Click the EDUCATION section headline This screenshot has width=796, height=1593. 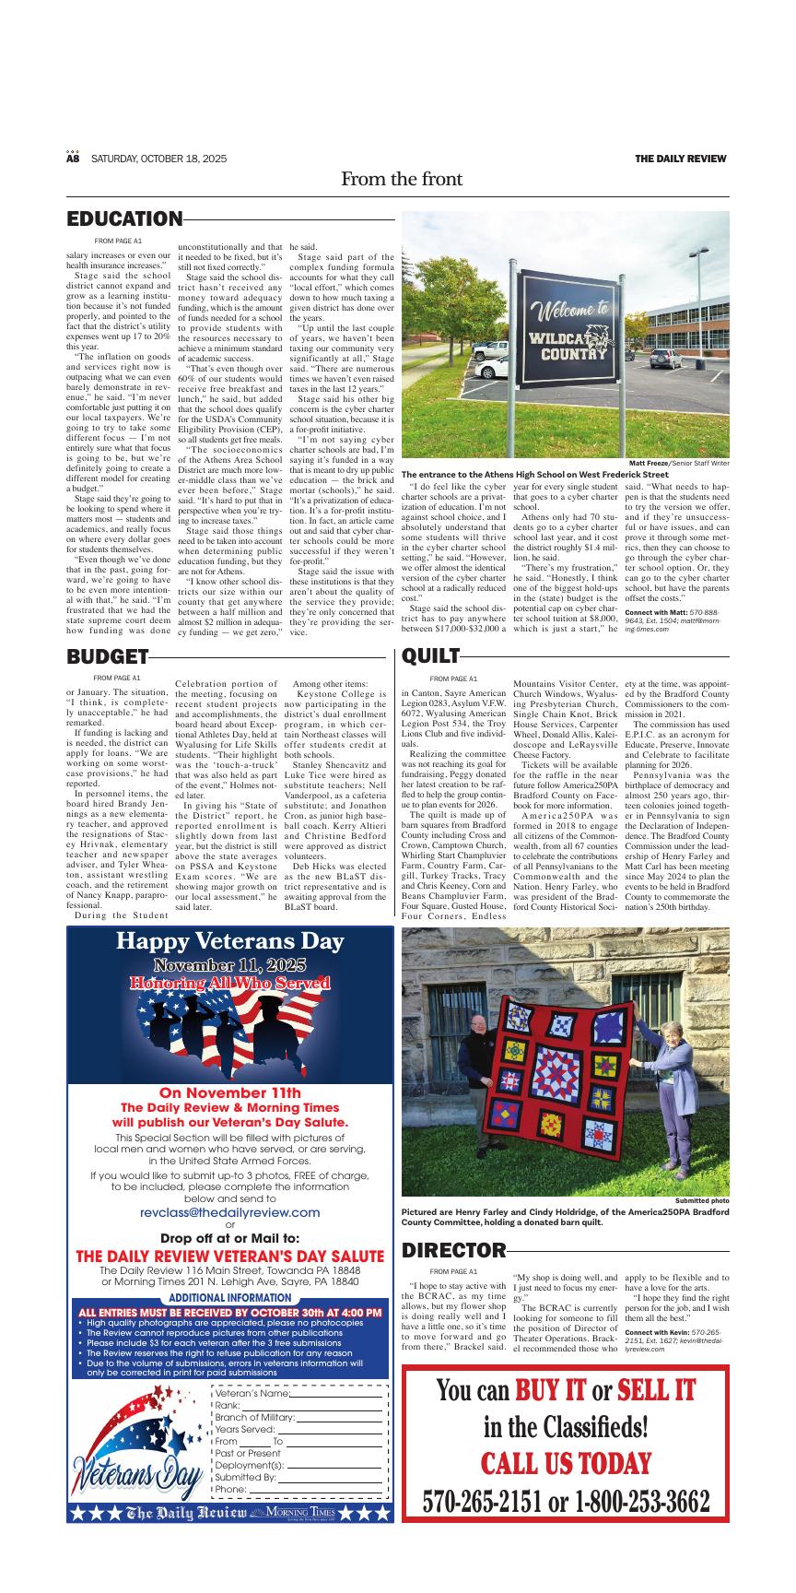click(124, 219)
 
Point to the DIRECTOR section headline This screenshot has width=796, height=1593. click(454, 1250)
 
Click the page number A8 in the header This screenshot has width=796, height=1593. click(74, 159)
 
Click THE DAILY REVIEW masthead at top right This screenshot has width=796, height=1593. click(680, 159)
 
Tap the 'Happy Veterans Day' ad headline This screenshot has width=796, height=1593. click(229, 941)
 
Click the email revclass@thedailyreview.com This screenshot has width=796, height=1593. click(229, 1212)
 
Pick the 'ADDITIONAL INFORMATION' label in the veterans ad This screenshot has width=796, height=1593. click(229, 1297)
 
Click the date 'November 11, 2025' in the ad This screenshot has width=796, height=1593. click(229, 965)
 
